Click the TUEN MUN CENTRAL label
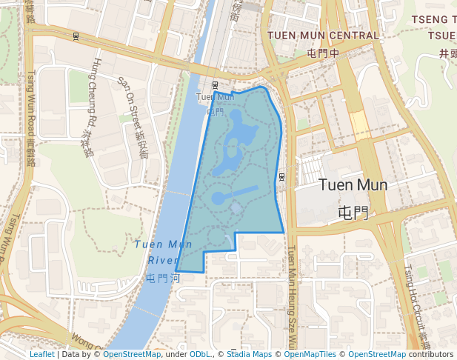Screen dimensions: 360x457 [x=323, y=36]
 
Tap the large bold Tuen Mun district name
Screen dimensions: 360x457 [x=353, y=185]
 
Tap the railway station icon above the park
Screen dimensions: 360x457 [x=215, y=85]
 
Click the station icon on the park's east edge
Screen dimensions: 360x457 [x=282, y=176]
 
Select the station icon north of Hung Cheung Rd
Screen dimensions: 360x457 [x=76, y=36]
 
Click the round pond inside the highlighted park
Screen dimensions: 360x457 [x=220, y=199]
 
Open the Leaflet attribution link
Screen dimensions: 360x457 [x=41, y=355]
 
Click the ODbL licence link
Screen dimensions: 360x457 [x=200, y=355]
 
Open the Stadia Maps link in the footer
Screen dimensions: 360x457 [x=248, y=355]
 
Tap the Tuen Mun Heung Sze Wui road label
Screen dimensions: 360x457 [x=291, y=296]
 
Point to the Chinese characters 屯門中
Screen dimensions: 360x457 [x=323, y=53]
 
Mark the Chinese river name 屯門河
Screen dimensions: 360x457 [x=164, y=279]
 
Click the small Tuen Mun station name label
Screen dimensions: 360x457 [x=215, y=97]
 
